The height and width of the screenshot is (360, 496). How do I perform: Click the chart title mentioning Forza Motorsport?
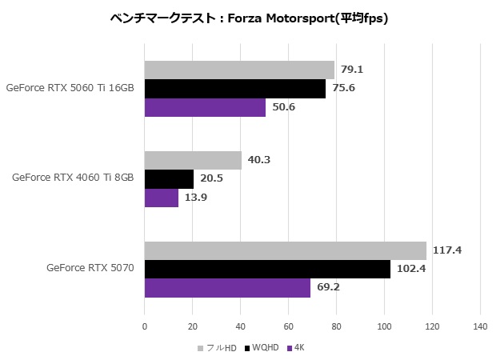(248, 18)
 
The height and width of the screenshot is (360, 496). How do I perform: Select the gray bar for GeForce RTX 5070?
(286, 250)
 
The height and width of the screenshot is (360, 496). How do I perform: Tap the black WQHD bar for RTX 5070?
(267, 269)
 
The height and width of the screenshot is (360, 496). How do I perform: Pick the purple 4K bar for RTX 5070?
(227, 287)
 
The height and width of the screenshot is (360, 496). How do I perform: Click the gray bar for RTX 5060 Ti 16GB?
(239, 70)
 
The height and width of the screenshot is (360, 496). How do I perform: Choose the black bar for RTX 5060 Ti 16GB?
(235, 88)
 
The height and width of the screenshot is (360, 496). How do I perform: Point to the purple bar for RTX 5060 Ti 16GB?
(205, 107)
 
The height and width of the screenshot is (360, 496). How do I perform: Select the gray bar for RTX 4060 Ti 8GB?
(193, 160)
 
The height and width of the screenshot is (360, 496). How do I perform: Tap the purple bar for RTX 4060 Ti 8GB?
(162, 197)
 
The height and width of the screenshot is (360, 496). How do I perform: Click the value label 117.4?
(448, 250)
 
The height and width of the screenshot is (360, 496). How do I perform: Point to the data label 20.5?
(211, 178)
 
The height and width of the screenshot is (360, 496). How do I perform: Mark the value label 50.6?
(283, 107)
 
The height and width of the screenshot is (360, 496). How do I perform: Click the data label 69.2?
(328, 287)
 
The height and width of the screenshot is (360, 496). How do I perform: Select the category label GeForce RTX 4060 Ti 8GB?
(73, 178)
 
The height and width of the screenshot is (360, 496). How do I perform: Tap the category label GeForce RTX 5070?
(90, 269)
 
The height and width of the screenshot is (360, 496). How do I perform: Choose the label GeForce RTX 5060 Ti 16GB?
(70, 88)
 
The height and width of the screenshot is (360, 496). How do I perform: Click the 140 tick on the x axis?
(480, 326)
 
